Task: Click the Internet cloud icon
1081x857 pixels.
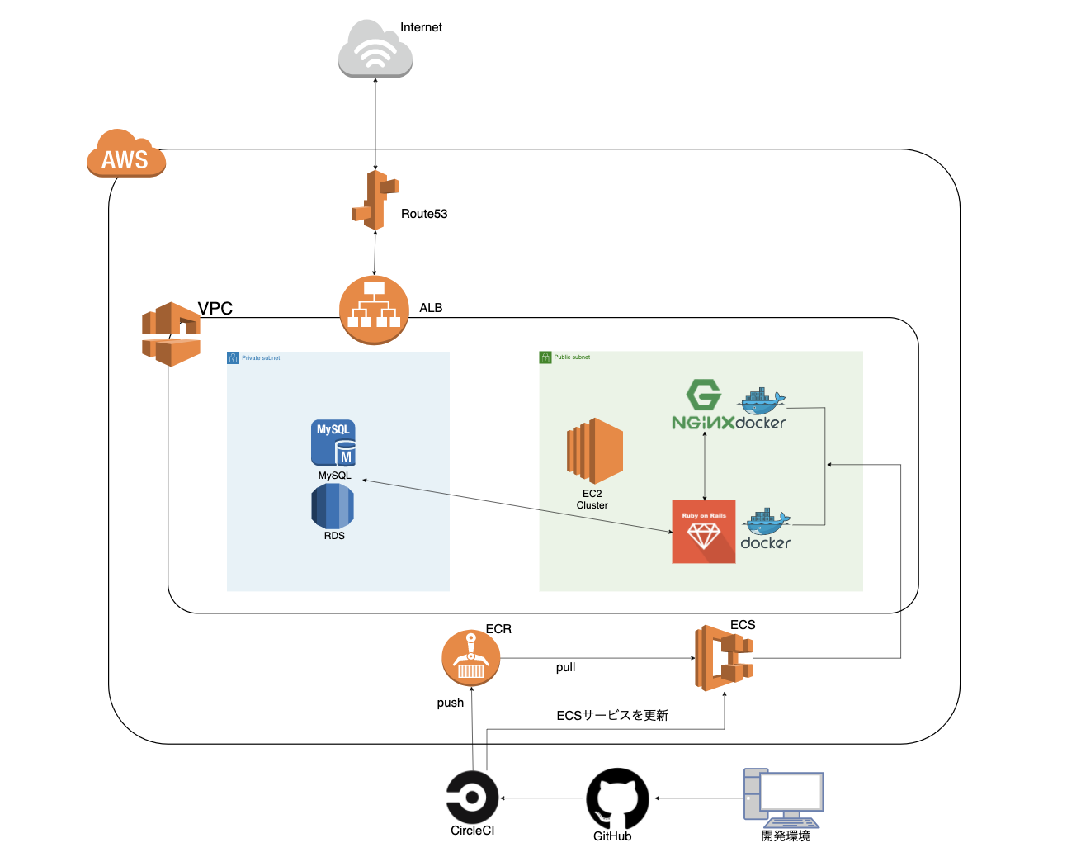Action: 375,50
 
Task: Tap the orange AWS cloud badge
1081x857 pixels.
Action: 126,154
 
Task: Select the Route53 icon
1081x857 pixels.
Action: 375,201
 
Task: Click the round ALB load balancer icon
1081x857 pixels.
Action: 375,310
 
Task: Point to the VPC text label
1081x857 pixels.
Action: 215,308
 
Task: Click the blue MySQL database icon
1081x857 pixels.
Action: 333,443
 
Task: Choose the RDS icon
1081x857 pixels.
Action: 333,506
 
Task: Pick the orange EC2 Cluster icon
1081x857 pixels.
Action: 594,451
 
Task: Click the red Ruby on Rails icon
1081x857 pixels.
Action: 704,532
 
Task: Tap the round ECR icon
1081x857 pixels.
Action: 471,658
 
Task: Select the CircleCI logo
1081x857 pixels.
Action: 473,798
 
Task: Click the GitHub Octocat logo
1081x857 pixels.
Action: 617,798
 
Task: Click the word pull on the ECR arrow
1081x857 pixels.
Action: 565,667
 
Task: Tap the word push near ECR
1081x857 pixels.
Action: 451,703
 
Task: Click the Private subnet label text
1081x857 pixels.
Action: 261,358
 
